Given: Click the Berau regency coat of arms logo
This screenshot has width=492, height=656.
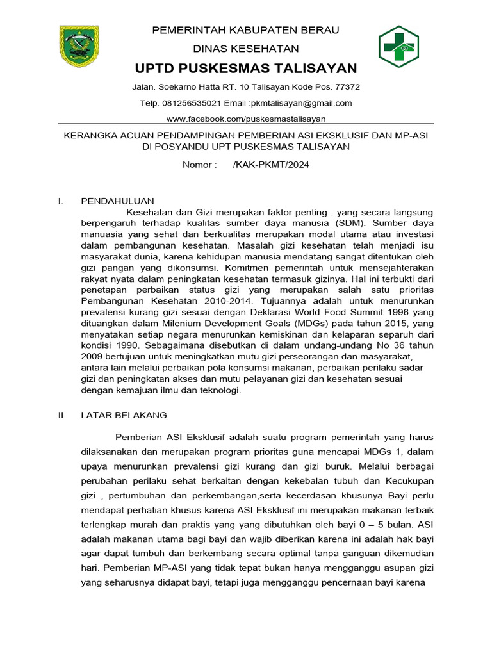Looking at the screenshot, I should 79,46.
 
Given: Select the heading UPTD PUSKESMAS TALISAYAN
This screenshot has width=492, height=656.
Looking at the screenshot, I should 245,69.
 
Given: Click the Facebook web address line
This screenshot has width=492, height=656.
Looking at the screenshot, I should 245,119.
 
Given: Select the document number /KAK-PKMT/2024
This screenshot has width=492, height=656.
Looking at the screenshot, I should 272,165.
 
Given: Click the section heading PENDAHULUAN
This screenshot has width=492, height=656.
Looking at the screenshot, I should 117,201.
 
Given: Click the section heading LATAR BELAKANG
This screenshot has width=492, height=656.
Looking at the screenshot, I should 124,414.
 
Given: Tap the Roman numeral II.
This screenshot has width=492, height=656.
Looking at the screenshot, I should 62,414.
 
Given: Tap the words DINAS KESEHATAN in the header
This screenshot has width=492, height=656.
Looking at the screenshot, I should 245,49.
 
